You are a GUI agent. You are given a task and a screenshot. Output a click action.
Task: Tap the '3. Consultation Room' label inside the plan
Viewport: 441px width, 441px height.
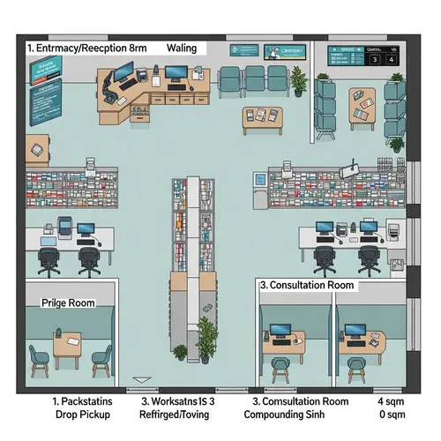point(306,286)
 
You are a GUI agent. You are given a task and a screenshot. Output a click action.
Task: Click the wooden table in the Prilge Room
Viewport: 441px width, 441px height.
point(66,344)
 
